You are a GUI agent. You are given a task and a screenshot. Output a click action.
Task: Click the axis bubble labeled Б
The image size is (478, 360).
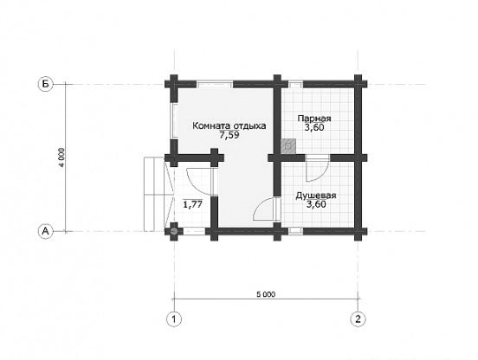coord(45,84)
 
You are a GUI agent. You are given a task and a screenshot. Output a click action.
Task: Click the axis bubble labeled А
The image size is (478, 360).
coord(45,231)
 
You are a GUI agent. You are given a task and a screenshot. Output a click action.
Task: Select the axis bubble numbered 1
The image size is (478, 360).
coord(174,319)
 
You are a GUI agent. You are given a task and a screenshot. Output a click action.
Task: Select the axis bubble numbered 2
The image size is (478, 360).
coord(358,319)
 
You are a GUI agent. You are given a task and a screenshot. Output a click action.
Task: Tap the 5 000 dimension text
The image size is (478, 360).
coord(266,294)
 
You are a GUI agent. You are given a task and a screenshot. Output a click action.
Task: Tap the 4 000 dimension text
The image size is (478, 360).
coord(61,157)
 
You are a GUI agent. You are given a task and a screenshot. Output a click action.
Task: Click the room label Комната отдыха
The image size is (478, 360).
coord(229,125)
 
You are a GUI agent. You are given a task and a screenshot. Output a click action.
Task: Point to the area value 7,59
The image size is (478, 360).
coord(229,135)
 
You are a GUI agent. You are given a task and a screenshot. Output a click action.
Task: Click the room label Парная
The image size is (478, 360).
coord(314,119)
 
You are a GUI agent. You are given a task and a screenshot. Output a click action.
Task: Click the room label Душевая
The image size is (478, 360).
coord(316,196)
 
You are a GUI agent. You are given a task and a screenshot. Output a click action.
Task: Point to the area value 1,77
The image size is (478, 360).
coord(192,204)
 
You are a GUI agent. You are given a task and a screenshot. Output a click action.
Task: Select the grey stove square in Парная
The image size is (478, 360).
coord(288,146)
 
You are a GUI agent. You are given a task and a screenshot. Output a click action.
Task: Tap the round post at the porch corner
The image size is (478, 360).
coord(174,231)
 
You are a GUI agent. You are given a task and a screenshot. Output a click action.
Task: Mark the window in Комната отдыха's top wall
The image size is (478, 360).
coord(215,84)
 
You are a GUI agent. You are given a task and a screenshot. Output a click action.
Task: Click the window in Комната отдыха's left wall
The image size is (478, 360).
coord(174,121)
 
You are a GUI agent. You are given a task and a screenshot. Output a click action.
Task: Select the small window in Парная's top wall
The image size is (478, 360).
coord(295,84)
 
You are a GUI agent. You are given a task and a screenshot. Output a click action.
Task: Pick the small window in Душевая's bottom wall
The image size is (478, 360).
coord(295,231)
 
